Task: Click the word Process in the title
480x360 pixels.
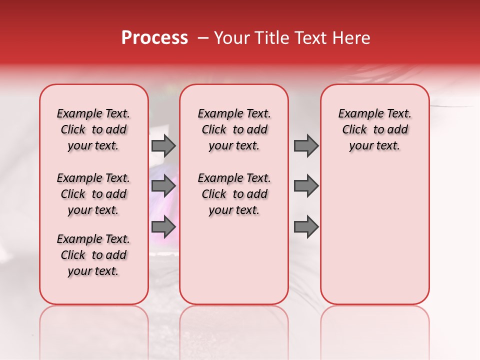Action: (x=154, y=38)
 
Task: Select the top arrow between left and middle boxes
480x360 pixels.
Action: (x=163, y=145)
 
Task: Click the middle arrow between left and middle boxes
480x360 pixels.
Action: (x=163, y=186)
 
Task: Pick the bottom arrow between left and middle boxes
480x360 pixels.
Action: (x=163, y=226)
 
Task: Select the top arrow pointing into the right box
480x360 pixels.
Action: (x=306, y=145)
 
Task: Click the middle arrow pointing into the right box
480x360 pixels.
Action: (x=306, y=186)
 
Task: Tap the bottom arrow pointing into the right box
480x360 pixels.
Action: (x=306, y=226)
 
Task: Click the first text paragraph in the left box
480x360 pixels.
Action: (x=93, y=129)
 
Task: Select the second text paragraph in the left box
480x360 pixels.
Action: (x=93, y=194)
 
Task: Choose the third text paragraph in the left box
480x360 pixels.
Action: (x=93, y=255)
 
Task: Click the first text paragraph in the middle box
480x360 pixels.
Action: (x=234, y=129)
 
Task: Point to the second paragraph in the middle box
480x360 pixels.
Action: (x=234, y=194)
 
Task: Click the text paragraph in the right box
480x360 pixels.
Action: (x=374, y=129)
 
